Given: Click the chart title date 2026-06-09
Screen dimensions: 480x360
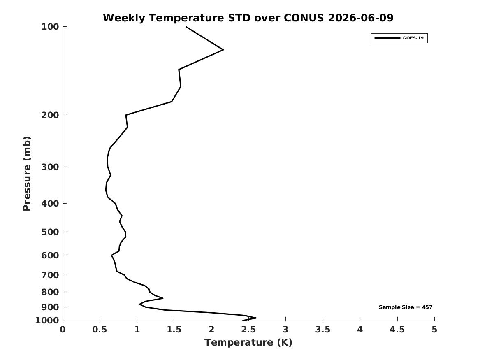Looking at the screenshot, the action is [360, 18].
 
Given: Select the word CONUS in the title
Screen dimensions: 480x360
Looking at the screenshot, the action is [304, 18].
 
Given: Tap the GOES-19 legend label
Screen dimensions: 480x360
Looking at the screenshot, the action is [413, 38].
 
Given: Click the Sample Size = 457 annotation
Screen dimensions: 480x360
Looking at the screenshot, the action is [406, 307].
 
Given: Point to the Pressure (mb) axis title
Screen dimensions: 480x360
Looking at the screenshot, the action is [27, 174].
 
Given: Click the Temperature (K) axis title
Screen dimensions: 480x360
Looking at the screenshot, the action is [248, 342].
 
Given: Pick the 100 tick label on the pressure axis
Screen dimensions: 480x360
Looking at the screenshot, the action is [50, 27].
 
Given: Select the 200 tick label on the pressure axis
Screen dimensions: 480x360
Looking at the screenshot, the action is [50, 115].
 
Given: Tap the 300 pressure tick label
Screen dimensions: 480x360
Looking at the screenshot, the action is [50, 167].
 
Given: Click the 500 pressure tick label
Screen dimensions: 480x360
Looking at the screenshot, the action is [50, 232].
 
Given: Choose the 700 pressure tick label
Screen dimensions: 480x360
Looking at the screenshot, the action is [50, 275].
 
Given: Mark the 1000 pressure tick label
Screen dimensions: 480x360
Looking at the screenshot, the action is [47, 321].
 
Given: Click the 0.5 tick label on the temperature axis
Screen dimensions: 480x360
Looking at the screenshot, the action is [100, 330].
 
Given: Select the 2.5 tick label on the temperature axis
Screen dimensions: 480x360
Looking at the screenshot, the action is [248, 330].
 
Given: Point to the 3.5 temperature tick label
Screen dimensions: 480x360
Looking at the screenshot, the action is [323, 330].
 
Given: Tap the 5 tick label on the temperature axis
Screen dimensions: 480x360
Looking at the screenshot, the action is [434, 330].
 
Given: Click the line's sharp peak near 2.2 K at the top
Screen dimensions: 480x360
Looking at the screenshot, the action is [223, 50].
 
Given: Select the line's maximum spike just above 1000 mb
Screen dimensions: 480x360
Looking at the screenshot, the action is [256, 318].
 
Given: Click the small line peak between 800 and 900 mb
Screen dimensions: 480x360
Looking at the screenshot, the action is [163, 298].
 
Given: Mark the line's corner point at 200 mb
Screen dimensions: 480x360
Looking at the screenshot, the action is [126, 115].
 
